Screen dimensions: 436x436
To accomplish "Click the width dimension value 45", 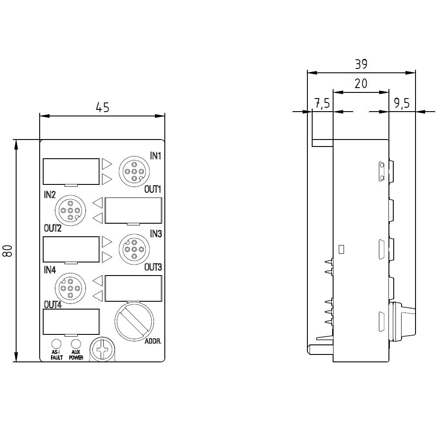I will tap(102, 107).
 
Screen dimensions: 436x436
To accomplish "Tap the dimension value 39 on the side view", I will tap(361, 64).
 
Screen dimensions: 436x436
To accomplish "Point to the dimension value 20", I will tap(361, 83).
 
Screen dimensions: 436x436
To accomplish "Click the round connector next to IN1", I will tap(134, 171).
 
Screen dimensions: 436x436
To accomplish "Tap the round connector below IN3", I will tap(134, 249).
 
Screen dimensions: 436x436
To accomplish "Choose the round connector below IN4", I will tap(70, 288).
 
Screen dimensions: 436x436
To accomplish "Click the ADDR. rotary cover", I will tap(134, 322).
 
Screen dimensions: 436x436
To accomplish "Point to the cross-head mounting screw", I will tap(102, 350).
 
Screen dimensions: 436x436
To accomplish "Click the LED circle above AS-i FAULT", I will tap(56, 344).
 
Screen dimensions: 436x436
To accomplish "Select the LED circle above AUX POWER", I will tap(76, 344).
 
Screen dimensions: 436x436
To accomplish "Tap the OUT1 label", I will tap(153, 189).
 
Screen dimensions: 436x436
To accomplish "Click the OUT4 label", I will tap(53, 304).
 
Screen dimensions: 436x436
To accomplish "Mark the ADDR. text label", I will tap(153, 342).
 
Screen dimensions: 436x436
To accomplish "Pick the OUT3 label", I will tap(153, 267).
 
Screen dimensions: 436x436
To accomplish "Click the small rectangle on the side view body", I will tap(341, 249).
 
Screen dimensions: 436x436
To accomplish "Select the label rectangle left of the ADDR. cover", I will tap(71, 322).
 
